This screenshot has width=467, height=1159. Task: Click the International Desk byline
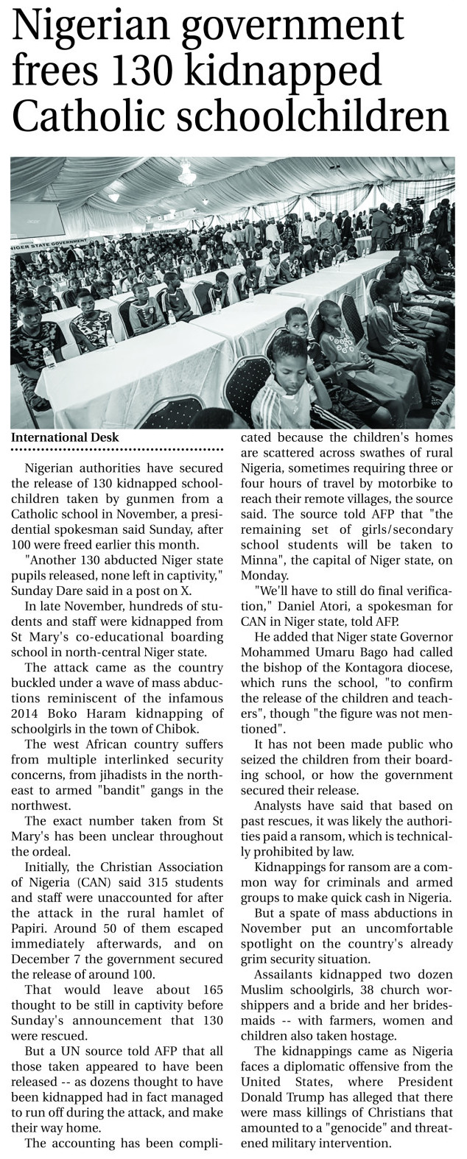65,437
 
